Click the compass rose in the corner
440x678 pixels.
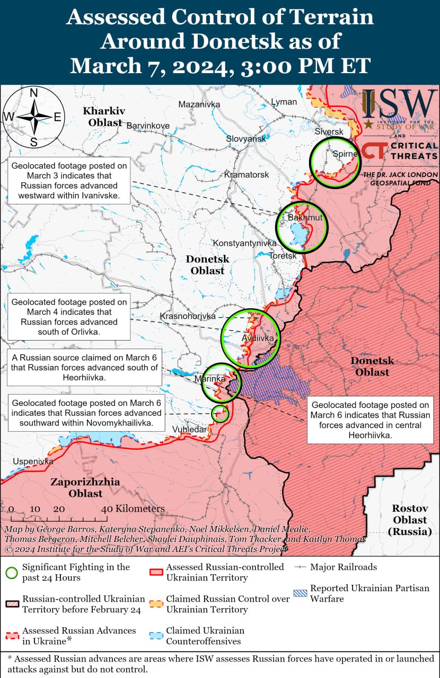(33, 117)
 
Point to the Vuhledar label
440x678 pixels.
(189, 429)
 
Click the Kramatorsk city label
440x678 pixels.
(246, 174)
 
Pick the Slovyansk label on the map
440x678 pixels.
(246, 138)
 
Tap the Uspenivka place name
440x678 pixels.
(33, 461)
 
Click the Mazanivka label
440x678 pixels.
(199, 104)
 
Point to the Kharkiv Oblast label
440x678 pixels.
(104, 117)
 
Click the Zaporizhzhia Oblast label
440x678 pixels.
(85, 487)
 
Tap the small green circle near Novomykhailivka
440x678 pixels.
(220, 413)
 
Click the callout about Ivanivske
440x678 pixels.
(69, 181)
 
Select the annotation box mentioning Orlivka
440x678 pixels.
(69, 317)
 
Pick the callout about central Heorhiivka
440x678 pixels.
(370, 420)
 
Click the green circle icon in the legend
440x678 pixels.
(12, 573)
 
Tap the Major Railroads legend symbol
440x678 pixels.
(301, 567)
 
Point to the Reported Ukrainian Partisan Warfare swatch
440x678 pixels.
(301, 593)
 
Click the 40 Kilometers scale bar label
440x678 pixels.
(134, 508)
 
